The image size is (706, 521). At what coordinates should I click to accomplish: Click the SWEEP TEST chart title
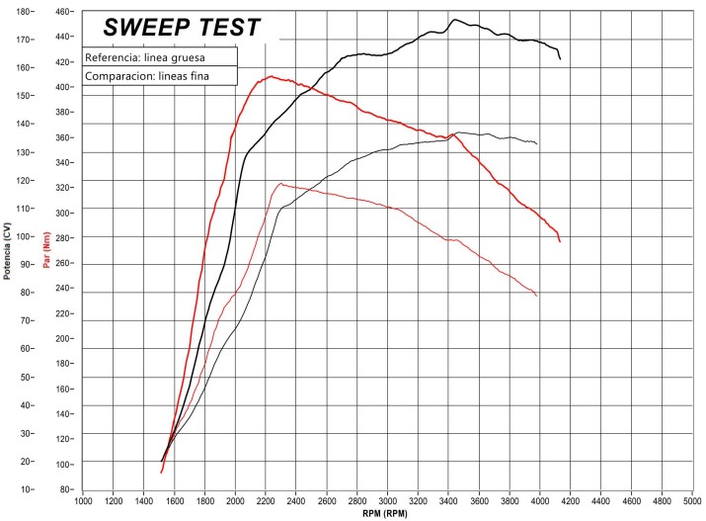point(182,27)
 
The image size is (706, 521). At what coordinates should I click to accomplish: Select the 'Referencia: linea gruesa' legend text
point(145,57)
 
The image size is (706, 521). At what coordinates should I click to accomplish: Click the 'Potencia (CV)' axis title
point(7,249)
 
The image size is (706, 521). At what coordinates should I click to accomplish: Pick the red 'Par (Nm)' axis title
point(46,251)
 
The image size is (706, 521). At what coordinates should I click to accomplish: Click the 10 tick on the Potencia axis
point(26,489)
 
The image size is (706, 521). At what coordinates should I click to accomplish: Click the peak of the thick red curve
point(270,76)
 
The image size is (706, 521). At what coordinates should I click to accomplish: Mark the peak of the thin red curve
point(281,183)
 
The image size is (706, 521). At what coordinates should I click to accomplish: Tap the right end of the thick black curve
point(560,59)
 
